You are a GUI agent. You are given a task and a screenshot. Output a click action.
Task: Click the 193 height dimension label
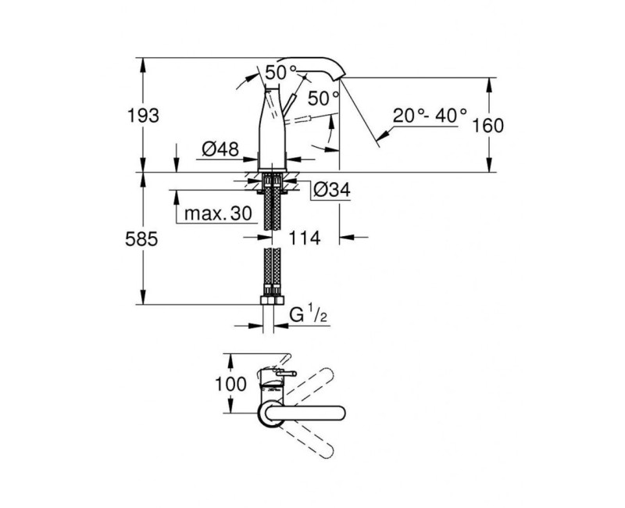point(144,116)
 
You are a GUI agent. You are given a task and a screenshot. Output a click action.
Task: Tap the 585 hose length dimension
point(144,239)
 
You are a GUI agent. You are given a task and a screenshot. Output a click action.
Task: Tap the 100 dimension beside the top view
point(230,385)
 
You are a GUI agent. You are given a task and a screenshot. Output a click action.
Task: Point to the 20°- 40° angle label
point(429,116)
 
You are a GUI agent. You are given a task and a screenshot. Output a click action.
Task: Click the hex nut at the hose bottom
point(272,302)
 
